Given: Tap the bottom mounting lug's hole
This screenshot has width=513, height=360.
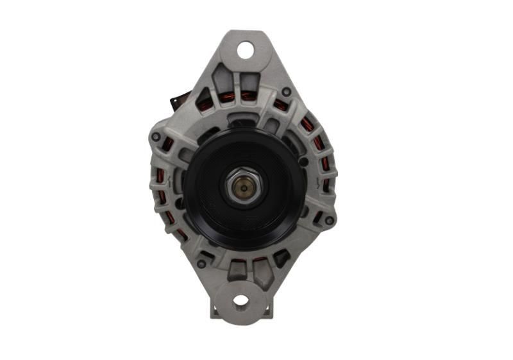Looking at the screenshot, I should click(240, 300).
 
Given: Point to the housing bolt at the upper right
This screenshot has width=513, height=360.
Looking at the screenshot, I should click(286, 92).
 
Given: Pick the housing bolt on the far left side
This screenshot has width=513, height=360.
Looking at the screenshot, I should click(155, 137).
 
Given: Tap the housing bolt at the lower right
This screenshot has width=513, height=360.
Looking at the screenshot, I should click(329, 220).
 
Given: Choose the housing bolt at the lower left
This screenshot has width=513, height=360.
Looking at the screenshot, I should click(201, 263).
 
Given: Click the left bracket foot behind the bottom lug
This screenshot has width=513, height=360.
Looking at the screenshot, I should click(215, 311).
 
